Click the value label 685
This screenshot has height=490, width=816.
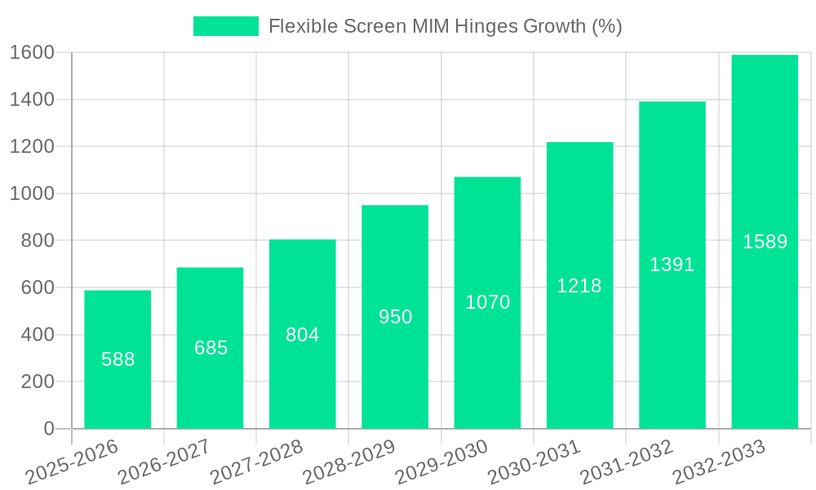tap(211, 348)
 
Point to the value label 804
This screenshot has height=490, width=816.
tap(303, 335)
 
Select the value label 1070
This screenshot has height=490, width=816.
tap(487, 302)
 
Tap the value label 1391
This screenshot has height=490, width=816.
tap(672, 265)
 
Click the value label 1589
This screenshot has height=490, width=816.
tap(765, 242)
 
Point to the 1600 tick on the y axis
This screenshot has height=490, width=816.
tap(33, 53)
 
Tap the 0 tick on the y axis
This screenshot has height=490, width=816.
tap(49, 429)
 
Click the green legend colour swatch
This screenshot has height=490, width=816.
tap(226, 26)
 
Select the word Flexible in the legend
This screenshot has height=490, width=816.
tap(299, 26)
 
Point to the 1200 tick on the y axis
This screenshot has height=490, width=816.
tap(33, 147)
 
